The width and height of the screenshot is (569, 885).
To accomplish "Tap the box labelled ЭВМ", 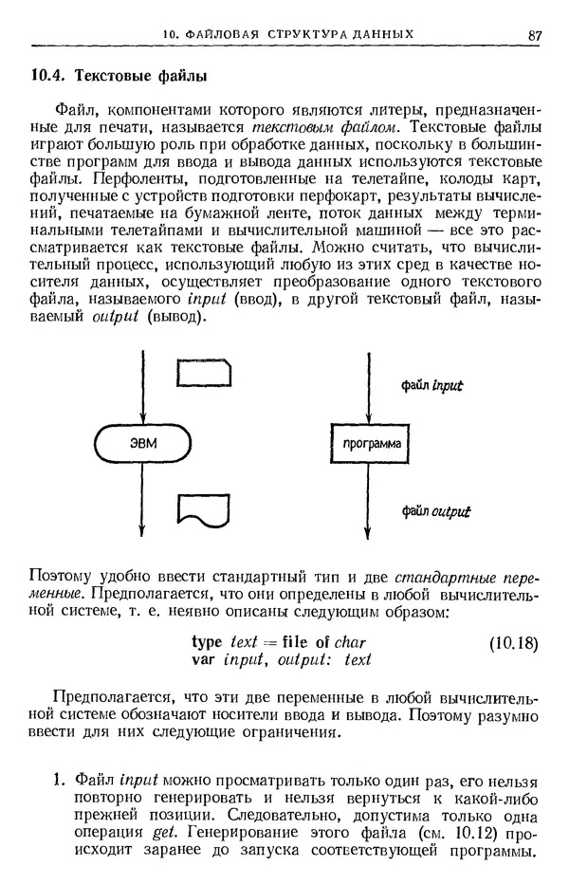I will tap(141, 443).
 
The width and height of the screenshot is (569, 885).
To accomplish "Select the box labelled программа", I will tap(367, 444).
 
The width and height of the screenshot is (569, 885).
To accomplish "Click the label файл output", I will tap(435, 511).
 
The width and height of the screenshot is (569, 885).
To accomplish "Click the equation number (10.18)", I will tap(513, 642).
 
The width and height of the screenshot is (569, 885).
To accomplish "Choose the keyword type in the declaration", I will tap(208, 641).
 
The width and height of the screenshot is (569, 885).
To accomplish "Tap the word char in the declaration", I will tap(350, 641).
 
